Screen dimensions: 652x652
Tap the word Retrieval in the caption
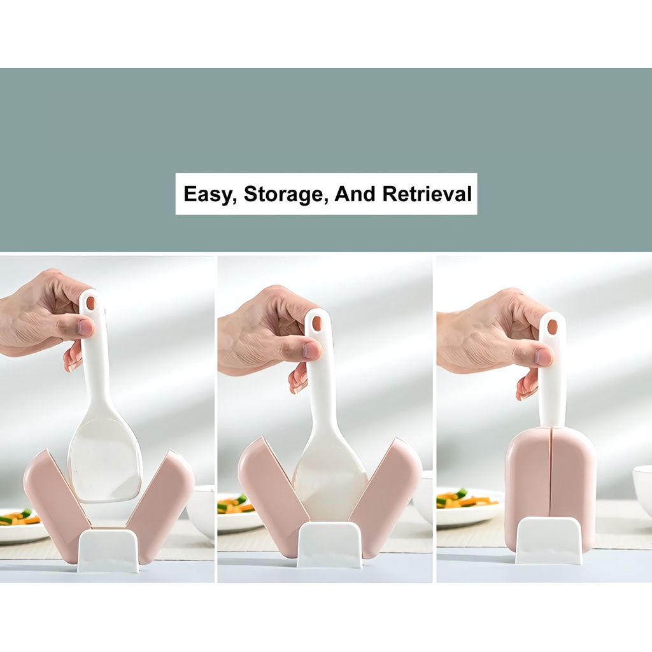point(427,194)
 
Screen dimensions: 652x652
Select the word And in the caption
point(355,194)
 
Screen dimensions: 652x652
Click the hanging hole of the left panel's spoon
point(90,302)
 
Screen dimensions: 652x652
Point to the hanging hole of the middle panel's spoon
point(317,323)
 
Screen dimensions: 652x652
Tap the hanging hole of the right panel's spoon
point(552,327)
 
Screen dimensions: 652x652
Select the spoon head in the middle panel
point(331,478)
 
